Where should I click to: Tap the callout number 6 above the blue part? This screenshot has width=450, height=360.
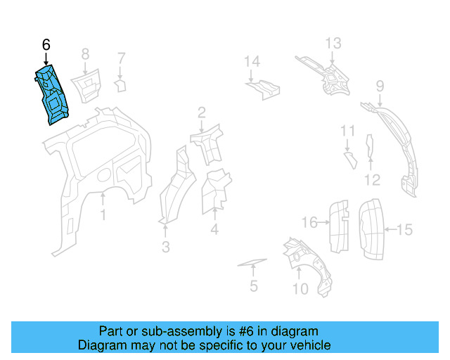click(46, 44)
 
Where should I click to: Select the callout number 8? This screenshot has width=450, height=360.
click(85, 53)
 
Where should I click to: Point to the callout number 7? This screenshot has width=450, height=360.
click(121, 58)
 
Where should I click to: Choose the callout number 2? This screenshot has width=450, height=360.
click(201, 112)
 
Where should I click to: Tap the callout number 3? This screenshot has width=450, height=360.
click(166, 247)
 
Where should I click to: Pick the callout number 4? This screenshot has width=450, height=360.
click(214, 229)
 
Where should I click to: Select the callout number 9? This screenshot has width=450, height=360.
click(380, 86)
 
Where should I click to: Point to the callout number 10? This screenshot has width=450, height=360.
click(300, 288)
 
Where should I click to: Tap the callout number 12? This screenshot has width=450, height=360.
click(372, 180)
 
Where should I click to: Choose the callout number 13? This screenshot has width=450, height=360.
click(333, 44)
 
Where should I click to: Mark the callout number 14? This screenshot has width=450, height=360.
click(252, 62)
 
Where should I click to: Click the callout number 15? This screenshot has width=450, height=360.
click(405, 229)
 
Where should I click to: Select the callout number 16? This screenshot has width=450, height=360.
click(310, 223)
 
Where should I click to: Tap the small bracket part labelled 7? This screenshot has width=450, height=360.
click(120, 86)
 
